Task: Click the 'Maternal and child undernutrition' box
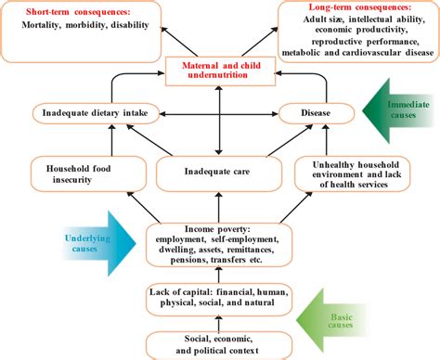point(219,70)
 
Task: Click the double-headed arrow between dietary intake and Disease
point(219,114)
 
